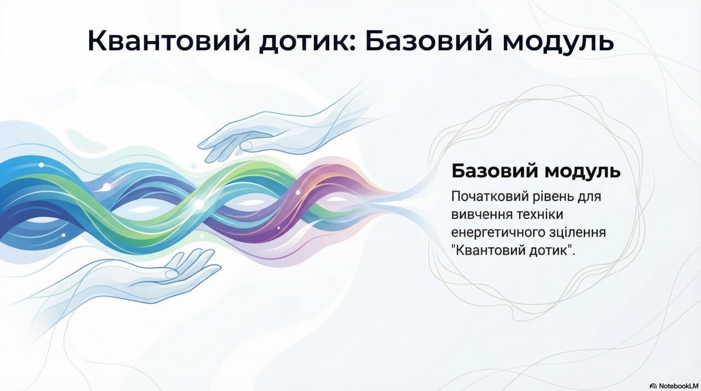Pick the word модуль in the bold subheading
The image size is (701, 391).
[x=582, y=171]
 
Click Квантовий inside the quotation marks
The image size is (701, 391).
[x=488, y=250]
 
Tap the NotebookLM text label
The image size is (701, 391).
[x=679, y=386]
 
